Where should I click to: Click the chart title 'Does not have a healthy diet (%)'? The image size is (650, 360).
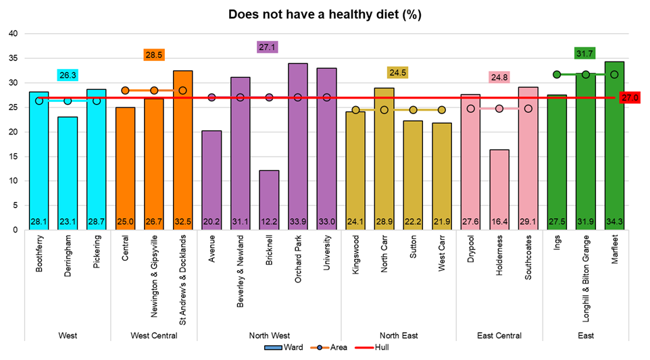pos(325,14)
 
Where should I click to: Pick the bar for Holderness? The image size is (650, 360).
pos(499,189)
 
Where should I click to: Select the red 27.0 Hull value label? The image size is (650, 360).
pos(630,98)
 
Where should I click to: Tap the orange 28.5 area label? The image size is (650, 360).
pos(154,55)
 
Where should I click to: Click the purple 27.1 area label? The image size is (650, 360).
pos(269,47)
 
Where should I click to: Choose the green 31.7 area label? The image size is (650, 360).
pos(585,53)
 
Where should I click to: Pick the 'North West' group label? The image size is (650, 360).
pos(269,336)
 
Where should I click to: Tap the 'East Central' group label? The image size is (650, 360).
pos(499,336)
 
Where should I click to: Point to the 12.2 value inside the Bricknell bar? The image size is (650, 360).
pos(269,221)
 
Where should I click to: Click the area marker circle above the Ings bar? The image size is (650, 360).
pos(557,74)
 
